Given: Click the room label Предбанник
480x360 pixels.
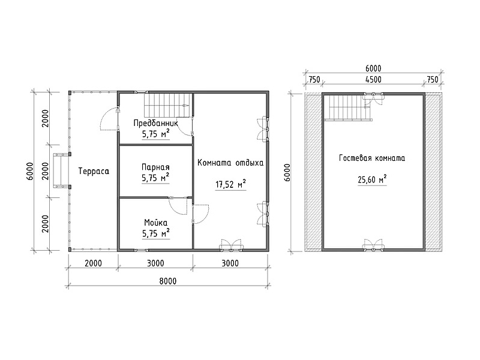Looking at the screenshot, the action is click(155, 123).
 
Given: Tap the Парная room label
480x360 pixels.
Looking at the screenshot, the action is click(155, 167).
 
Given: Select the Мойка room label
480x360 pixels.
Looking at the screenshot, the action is click(156, 223).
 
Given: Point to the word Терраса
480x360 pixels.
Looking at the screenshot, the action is click(94, 171).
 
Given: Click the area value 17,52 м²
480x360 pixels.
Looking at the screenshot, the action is click(231, 184).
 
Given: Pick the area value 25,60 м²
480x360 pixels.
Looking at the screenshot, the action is click(372, 179).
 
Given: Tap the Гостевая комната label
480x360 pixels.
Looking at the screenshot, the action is click(372, 158).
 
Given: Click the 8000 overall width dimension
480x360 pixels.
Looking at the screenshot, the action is click(168, 281).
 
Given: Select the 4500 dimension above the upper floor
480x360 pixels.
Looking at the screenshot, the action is click(373, 80).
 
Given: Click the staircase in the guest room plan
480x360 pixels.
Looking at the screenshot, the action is click(348, 107).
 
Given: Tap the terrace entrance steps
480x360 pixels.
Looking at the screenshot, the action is click(62, 170).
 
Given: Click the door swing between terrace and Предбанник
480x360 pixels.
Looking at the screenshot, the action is click(110, 119).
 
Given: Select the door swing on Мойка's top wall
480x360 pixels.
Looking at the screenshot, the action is click(178, 206).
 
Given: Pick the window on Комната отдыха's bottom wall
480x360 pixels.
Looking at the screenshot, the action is click(231, 246).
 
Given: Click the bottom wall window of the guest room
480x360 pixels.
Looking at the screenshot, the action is click(373, 246).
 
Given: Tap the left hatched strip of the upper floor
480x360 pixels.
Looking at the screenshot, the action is click(313, 172).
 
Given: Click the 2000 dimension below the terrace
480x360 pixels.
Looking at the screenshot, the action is click(93, 263).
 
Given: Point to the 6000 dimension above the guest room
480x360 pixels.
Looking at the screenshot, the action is click(373, 68).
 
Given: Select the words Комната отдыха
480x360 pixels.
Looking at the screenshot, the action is click(230, 163).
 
